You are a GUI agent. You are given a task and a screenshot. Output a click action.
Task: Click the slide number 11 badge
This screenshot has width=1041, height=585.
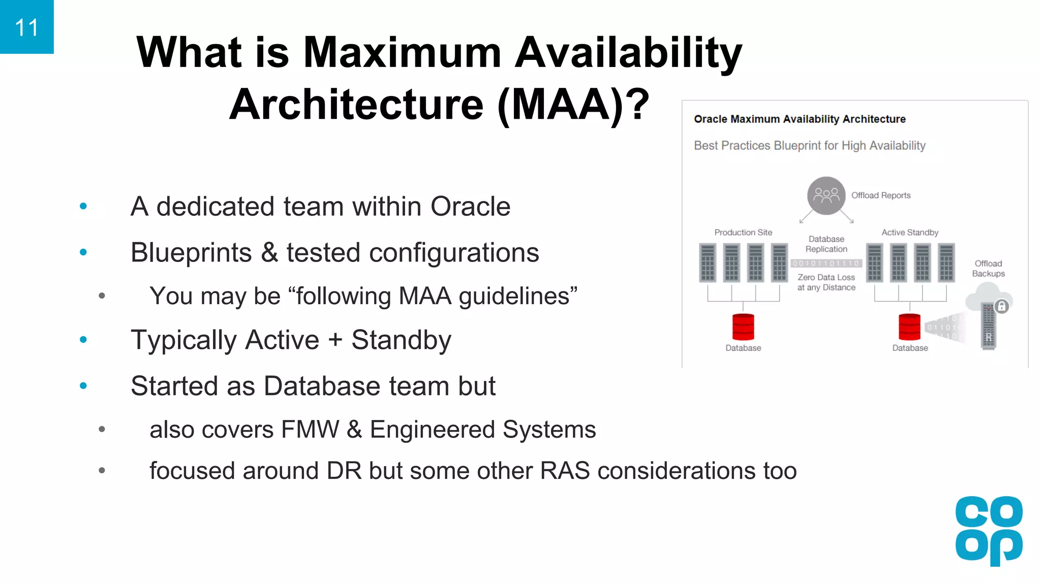click(x=26, y=27)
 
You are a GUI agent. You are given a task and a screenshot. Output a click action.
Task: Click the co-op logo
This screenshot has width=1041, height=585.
click(x=989, y=531)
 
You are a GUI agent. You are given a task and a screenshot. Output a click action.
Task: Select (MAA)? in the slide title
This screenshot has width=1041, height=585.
click(x=573, y=105)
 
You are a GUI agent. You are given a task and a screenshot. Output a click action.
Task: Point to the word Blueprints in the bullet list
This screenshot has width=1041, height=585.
click(x=191, y=253)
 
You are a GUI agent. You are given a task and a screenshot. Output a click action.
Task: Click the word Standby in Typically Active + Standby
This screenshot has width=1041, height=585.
click(x=401, y=340)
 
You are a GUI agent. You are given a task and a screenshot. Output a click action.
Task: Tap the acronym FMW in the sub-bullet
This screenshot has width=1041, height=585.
click(x=310, y=430)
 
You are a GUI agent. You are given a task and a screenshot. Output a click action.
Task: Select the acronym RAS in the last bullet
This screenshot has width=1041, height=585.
click(x=565, y=471)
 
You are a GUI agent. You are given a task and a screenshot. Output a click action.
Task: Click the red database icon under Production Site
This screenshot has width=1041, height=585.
click(x=743, y=327)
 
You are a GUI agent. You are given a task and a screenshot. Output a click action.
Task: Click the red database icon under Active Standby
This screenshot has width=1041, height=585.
click(x=909, y=327)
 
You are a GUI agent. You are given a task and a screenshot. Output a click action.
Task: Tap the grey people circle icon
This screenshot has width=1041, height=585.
click(x=826, y=196)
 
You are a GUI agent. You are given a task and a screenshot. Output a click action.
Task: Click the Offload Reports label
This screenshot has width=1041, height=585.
click(x=881, y=196)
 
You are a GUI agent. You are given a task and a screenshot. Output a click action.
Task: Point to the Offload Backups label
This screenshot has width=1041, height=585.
click(x=988, y=269)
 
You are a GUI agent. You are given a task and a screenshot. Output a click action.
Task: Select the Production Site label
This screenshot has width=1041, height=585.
click(x=743, y=233)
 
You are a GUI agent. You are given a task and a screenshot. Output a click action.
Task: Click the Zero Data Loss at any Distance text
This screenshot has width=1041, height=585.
click(x=826, y=282)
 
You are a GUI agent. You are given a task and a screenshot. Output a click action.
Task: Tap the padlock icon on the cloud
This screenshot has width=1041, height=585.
click(x=1001, y=306)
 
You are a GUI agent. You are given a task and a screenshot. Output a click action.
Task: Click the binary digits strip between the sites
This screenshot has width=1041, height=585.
click(x=826, y=263)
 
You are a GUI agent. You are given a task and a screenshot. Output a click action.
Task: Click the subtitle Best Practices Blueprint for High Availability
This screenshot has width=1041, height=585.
click(x=809, y=146)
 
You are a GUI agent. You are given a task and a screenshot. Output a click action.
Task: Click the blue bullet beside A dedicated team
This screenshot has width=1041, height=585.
click(x=83, y=206)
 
